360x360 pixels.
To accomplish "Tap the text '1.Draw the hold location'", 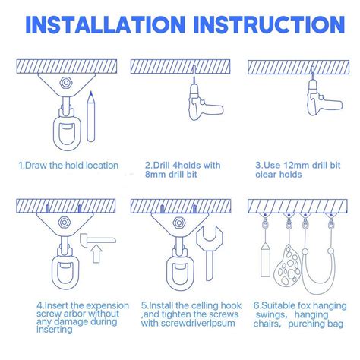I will [x=68, y=165].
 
